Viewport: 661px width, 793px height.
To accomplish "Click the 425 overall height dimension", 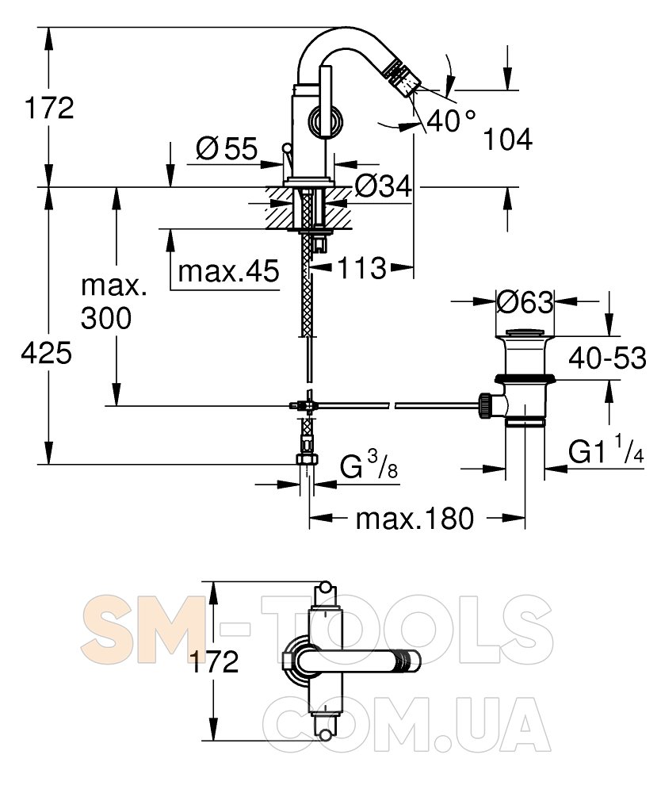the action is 47,353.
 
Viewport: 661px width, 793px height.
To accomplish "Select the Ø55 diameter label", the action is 227,149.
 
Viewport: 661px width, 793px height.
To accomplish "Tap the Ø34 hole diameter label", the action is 383,186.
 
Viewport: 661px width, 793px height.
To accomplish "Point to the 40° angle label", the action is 451,121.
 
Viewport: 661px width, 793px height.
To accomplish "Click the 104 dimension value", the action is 508,140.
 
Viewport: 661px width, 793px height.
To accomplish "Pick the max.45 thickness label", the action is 228,271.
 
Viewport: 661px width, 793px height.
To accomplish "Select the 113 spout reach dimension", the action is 361,267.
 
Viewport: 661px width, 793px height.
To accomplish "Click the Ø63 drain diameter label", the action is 525,302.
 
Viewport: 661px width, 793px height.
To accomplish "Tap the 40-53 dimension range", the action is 607,358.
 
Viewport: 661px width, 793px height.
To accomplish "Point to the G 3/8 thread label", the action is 369,466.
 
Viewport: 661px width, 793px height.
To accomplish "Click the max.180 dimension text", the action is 415,519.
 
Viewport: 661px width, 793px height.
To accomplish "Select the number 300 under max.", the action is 106,318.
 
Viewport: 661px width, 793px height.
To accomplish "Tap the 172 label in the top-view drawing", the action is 213,661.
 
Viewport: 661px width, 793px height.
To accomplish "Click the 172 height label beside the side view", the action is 49,108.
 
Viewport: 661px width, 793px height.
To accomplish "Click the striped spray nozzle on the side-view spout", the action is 403,77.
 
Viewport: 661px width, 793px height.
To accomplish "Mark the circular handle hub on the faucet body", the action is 327,121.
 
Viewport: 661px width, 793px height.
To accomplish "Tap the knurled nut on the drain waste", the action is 484,405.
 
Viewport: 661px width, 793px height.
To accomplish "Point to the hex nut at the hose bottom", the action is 307,459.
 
